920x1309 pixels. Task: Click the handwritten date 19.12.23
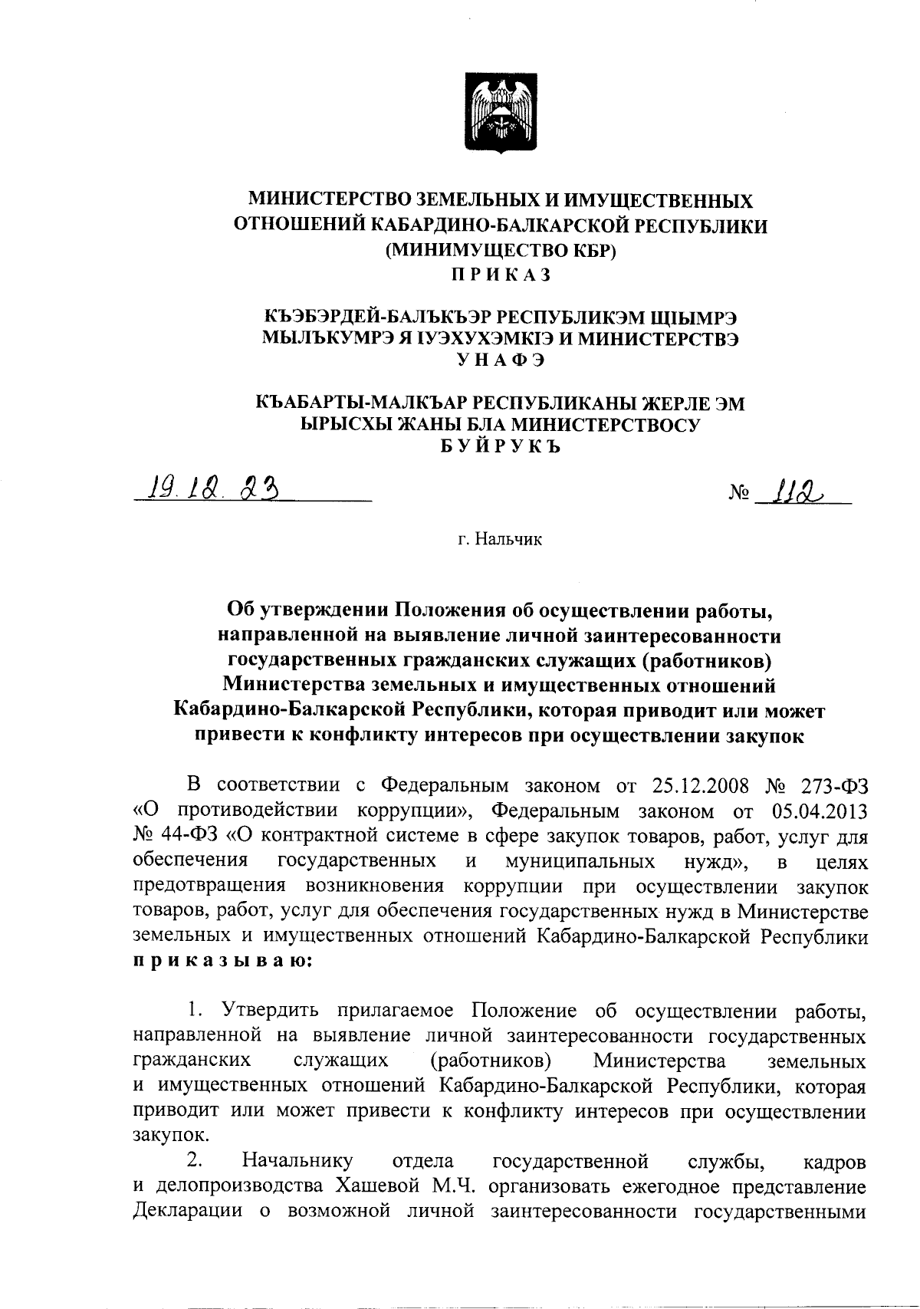pos(207,486)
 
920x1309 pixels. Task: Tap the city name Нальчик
pos(509,540)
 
